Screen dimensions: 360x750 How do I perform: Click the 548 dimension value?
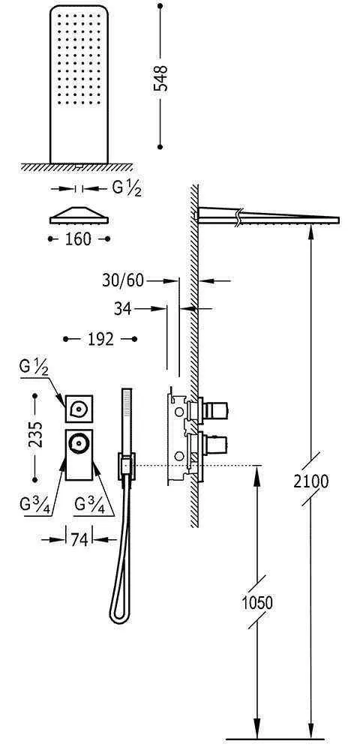pos(161,78)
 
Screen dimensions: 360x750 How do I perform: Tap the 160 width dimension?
pos(79,238)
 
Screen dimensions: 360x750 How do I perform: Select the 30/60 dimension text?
pos(123,280)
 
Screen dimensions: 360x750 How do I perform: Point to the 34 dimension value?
pos(123,309)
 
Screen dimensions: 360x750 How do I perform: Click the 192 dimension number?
pos(101,339)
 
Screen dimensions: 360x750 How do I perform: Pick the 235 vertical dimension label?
pos(35,433)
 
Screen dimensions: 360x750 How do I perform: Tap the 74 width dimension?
pos(79,540)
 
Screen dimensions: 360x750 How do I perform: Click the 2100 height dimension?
pos(311,481)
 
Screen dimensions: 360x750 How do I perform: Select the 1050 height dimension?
pos(256,603)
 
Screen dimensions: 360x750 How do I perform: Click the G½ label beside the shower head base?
pos(127,188)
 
